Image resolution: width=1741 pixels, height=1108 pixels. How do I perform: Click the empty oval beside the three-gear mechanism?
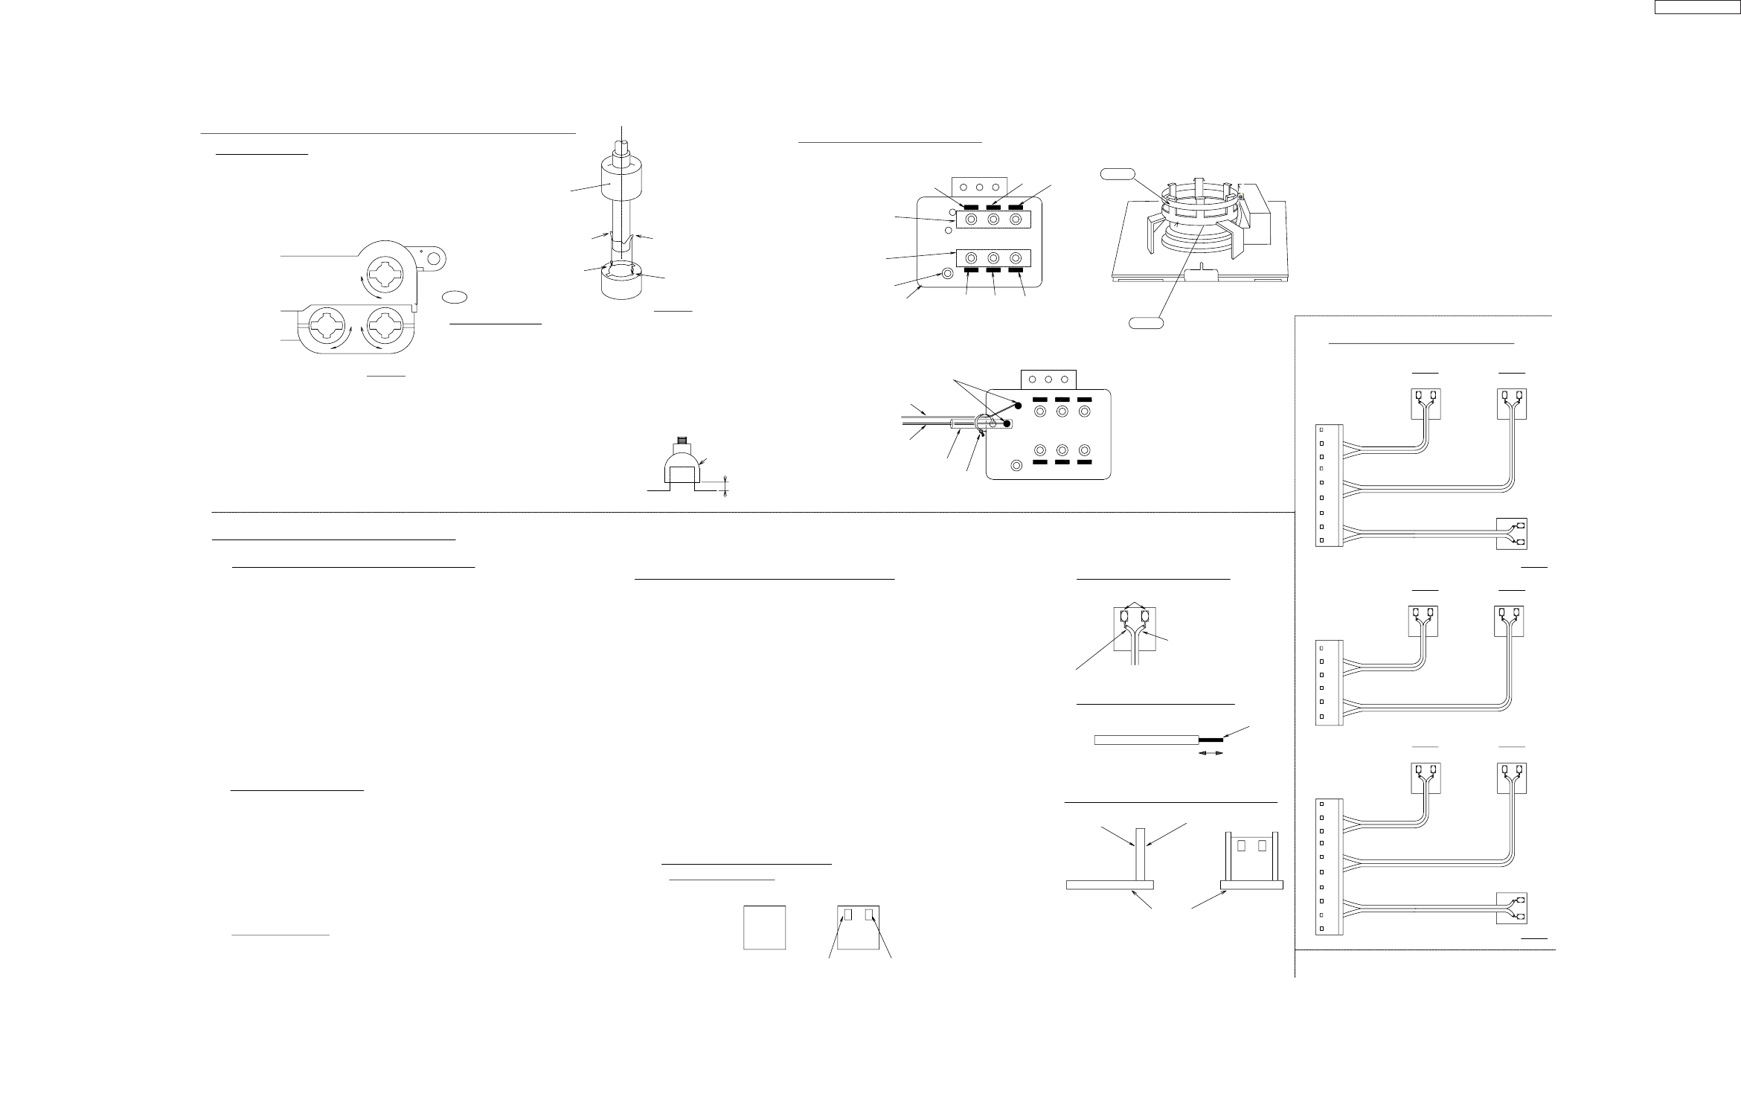tap(455, 297)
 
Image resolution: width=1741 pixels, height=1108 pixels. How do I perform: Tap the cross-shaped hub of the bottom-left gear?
tap(329, 327)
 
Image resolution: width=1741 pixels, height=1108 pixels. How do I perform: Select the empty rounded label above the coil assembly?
tap(1118, 174)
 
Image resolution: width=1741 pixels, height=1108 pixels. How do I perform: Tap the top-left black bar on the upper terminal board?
tap(970, 205)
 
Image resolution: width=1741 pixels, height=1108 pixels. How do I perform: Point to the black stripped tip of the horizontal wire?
tap(1211, 740)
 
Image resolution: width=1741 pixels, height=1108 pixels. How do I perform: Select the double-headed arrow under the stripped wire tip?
tap(1211, 754)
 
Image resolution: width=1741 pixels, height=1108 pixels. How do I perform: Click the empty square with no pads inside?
tap(764, 926)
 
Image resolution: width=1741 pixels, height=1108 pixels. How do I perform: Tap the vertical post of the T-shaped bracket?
tap(1138, 854)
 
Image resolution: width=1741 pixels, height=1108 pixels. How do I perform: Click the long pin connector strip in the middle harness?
tap(1329, 681)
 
